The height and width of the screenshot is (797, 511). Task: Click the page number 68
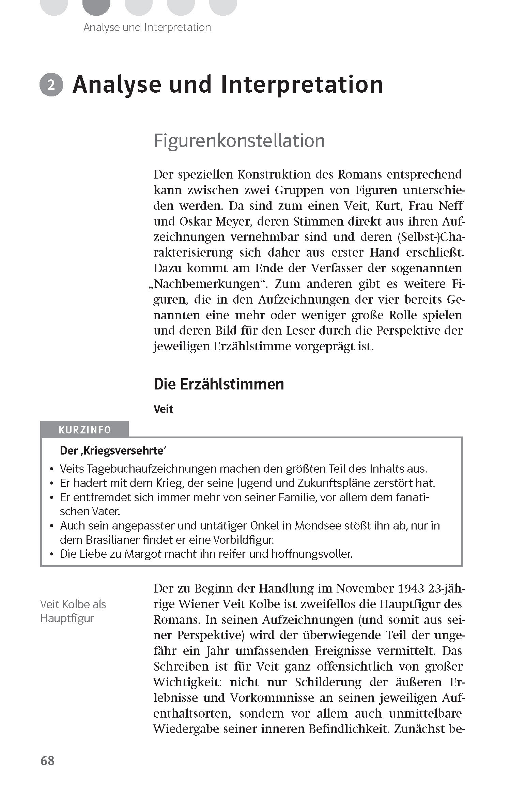47,761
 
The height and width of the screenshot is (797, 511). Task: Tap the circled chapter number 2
51,86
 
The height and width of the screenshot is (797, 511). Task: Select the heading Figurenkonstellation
239,141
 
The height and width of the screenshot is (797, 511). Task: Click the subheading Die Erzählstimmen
218,384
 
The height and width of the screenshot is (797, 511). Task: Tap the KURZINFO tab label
84,430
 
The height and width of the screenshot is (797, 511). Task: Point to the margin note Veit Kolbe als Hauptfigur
73,611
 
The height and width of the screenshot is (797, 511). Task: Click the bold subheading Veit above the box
164,409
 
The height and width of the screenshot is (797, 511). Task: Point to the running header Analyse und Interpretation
147,27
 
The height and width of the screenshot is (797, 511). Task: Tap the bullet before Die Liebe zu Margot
51,554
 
